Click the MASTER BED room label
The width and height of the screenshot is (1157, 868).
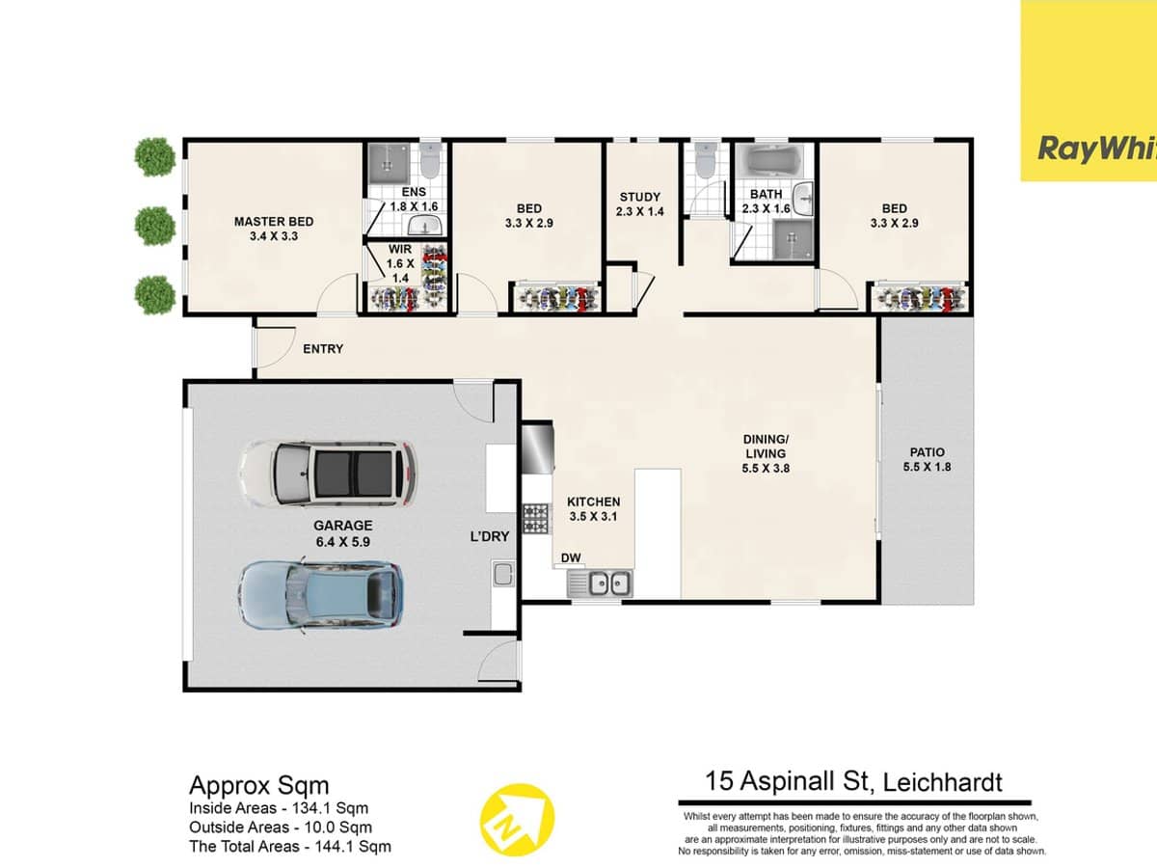point(274,222)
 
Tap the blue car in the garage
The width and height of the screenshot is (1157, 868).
point(320,595)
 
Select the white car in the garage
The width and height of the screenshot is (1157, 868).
point(328,472)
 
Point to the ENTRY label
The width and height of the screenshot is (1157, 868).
point(322,349)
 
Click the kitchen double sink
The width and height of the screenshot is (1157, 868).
point(599,583)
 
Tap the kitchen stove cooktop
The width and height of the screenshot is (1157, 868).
point(535,518)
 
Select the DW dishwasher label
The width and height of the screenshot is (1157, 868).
point(570,557)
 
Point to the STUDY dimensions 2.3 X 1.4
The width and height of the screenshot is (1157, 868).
point(640,212)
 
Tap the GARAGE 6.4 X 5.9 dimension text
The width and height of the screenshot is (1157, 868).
point(341,542)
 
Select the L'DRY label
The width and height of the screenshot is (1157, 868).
point(489,537)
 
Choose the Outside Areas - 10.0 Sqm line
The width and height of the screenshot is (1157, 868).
point(280,827)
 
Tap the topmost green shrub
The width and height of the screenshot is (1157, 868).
point(153,156)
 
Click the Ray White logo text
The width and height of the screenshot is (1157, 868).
point(1095,149)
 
